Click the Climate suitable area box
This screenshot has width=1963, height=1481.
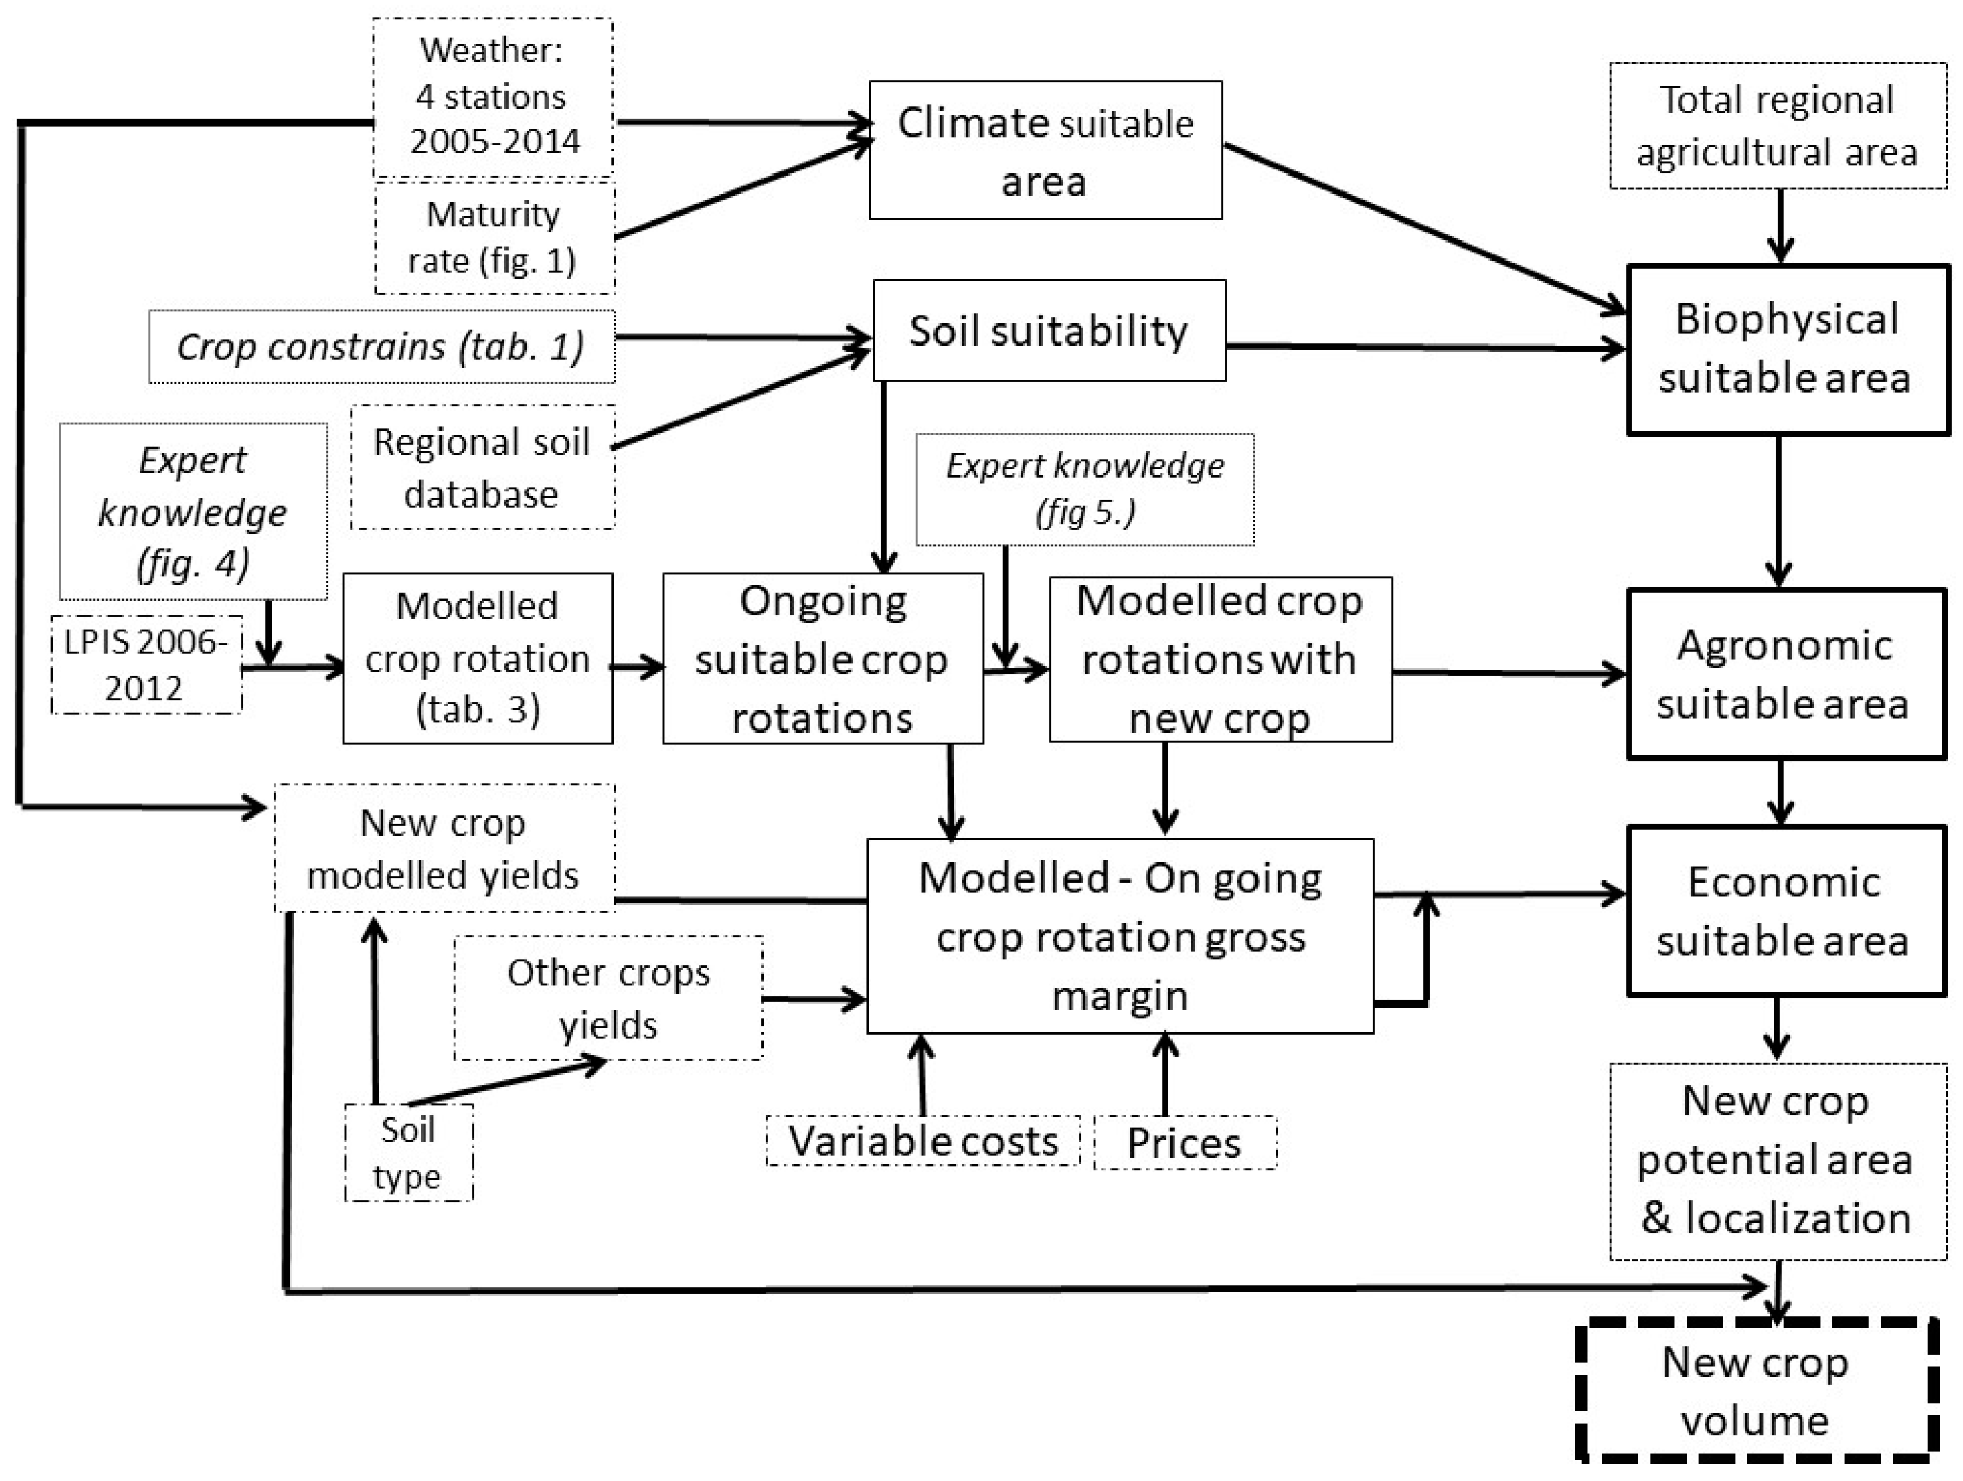pyautogui.click(x=1045, y=150)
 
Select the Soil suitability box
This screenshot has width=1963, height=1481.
pyautogui.click(x=1049, y=331)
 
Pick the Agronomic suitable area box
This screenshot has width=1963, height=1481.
pyautogui.click(x=1785, y=674)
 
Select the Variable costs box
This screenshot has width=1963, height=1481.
pyautogui.click(x=923, y=1141)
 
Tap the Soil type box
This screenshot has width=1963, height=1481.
pyautogui.click(x=408, y=1153)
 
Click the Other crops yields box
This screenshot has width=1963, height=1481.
pyautogui.click(x=608, y=999)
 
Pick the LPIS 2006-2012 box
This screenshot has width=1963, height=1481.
pyautogui.click(x=146, y=665)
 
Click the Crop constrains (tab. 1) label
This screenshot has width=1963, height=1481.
pyautogui.click(x=381, y=347)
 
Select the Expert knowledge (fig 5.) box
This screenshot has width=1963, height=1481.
pyautogui.click(x=1084, y=489)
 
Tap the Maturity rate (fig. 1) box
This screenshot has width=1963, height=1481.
pyautogui.click(x=493, y=238)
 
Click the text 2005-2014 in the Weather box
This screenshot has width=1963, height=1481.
pyautogui.click(x=494, y=142)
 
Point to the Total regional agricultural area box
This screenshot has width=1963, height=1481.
pyautogui.click(x=1778, y=126)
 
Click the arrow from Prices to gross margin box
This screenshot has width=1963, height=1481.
pyautogui.click(x=1165, y=1075)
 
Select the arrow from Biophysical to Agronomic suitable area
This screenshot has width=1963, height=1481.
pyautogui.click(x=1779, y=510)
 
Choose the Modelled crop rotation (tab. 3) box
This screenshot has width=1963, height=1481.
pyautogui.click(x=477, y=657)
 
